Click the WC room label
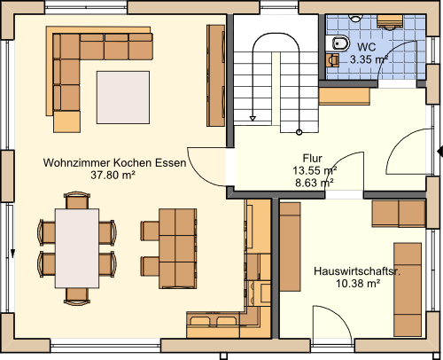click(x=367, y=47)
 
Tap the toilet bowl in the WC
click(x=339, y=43)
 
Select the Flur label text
click(x=312, y=159)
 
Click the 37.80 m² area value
click(x=113, y=175)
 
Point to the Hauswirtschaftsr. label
click(x=357, y=271)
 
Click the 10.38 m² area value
click(x=358, y=284)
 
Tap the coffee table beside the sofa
click(x=123, y=98)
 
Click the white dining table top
click(x=77, y=248)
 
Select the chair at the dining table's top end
click(x=77, y=200)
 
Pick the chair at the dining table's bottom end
click(x=77, y=296)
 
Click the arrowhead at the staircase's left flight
click(x=253, y=119)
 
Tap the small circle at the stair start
click(x=299, y=132)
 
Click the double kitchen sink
click(x=214, y=321)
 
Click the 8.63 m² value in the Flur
click(x=315, y=183)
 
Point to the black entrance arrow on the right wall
click(x=439, y=151)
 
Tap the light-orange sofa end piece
click(x=66, y=121)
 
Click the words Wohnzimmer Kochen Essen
click(x=114, y=162)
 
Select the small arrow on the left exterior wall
click(x=12, y=254)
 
